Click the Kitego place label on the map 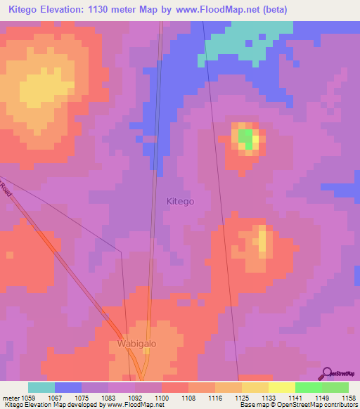click(x=180, y=201)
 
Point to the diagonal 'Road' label click(x=6, y=189)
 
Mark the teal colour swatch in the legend click(x=41, y=387)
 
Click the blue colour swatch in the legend click(x=67, y=387)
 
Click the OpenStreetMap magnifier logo click(x=326, y=372)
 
